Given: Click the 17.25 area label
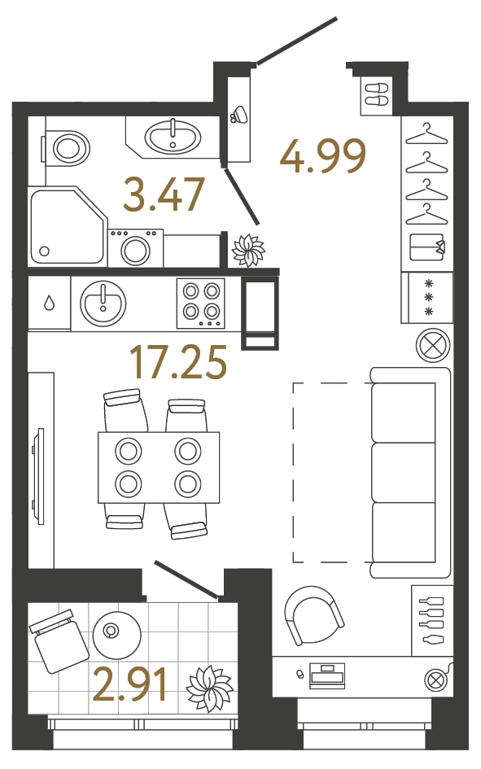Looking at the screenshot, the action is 178,362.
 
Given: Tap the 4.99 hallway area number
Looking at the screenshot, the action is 323,156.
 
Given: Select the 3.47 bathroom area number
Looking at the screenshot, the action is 164,194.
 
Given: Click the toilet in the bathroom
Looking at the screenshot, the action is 65,147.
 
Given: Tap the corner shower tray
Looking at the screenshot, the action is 67,226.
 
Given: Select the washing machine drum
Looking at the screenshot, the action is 135,250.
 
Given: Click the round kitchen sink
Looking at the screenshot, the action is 103,304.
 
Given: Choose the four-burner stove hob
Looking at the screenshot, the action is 201,303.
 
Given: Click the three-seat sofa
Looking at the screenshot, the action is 410,472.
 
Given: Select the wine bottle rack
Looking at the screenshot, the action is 431,620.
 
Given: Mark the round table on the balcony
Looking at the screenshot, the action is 117,635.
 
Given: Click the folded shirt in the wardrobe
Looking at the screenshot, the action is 426,248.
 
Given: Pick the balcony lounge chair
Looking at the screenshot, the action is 59,640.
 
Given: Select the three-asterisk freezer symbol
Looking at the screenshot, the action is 430,297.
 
